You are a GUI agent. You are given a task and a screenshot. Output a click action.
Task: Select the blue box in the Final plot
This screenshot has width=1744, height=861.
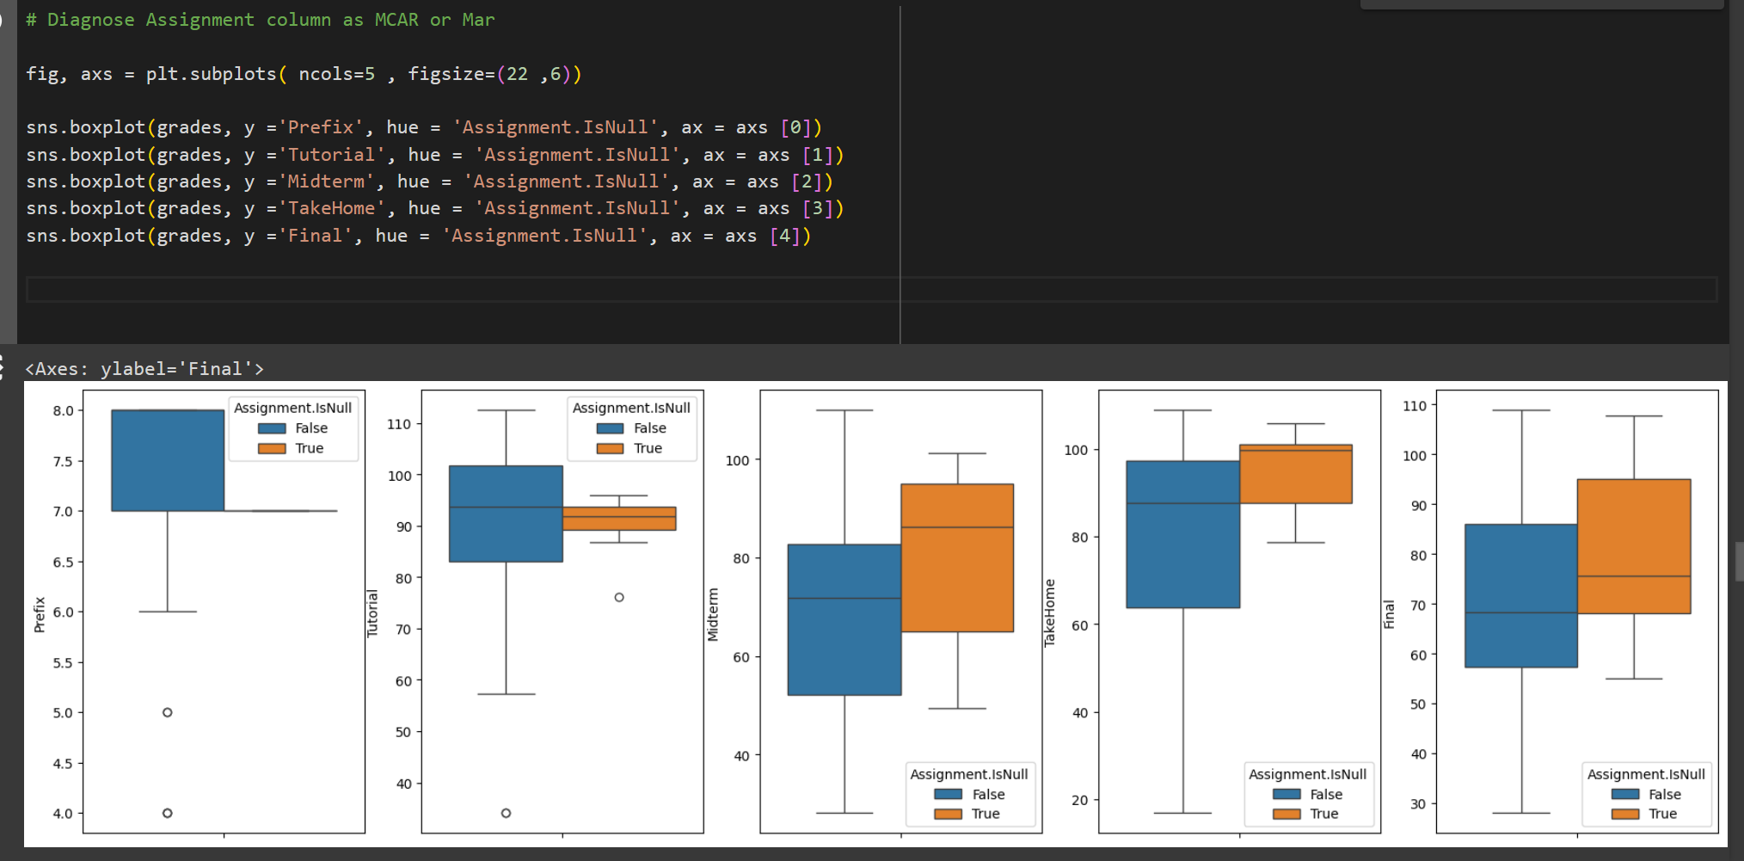point(1521,595)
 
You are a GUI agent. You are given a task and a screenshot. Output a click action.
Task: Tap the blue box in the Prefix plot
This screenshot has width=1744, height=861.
point(168,460)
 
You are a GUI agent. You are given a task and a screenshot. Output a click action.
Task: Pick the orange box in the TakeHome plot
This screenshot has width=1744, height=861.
point(1295,474)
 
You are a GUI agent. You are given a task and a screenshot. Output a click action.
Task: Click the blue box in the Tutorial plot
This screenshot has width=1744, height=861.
point(506,514)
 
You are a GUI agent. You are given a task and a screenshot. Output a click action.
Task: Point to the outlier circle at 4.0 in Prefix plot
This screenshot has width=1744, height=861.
point(168,813)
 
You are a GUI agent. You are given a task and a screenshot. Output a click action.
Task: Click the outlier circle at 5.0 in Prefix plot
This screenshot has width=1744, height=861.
point(168,712)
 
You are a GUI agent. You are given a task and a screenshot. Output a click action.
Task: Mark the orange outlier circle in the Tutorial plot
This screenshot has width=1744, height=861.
point(619,597)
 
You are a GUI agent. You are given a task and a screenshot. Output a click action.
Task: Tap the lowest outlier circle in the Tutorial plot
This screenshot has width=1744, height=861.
point(506,813)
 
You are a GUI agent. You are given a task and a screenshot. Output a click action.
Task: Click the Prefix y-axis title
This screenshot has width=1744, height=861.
point(40,614)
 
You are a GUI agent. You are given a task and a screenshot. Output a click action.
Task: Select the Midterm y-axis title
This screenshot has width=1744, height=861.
point(712,614)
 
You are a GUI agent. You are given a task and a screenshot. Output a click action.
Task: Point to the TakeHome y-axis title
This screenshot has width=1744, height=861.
point(1049,612)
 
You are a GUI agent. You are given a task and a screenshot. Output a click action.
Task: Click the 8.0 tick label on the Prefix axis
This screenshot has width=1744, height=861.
point(63,410)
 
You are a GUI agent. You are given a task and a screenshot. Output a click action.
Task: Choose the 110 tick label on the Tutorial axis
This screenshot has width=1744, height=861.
point(399,424)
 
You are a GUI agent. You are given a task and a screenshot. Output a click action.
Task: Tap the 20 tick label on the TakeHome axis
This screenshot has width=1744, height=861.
point(1080,800)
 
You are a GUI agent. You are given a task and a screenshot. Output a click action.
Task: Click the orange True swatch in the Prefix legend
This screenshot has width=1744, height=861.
point(272,448)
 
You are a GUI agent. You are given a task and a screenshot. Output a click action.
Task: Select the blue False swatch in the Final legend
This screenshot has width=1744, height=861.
point(1624,794)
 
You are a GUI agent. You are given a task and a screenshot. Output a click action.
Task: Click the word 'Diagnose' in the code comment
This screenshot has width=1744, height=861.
point(90,20)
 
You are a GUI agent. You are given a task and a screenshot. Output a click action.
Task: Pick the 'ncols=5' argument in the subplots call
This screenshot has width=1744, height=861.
point(336,74)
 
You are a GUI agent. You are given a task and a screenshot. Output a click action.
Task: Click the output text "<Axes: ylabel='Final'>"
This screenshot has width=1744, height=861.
point(144,369)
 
